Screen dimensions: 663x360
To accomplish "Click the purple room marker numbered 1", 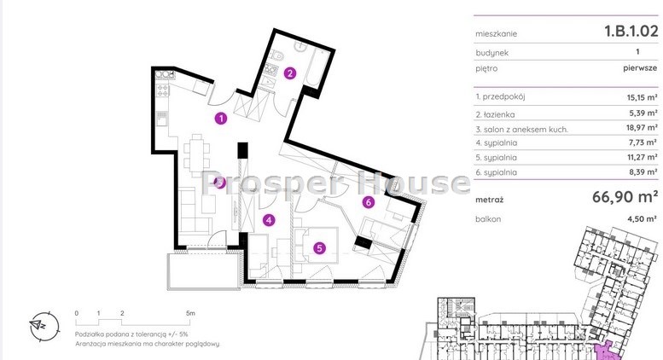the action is click(x=221, y=119).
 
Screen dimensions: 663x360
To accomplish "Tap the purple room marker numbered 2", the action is click(x=289, y=73).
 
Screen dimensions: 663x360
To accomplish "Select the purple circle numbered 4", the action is click(x=269, y=220).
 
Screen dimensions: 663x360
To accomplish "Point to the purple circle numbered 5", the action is click(x=319, y=248).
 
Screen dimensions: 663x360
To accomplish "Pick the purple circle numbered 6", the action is click(x=369, y=202).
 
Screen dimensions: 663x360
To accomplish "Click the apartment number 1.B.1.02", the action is click(x=631, y=31).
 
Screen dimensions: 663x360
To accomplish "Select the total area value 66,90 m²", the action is click(x=624, y=197).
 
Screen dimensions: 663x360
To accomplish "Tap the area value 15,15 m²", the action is click(x=642, y=97).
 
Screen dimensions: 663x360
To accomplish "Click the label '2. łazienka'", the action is click(x=495, y=114).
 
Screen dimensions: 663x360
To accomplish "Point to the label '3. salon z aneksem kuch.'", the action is click(x=521, y=130).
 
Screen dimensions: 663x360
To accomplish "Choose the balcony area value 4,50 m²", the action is click(x=642, y=219).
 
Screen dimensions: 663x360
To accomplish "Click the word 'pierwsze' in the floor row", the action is click(x=640, y=68).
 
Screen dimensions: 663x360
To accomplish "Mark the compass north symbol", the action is click(x=44, y=327).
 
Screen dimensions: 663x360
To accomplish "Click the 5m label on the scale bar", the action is click(x=190, y=314).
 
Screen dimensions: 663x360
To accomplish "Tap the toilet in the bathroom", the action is click(x=277, y=55).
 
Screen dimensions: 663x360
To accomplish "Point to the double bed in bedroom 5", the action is click(x=317, y=246).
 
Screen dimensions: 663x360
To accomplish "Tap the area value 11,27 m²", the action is click(x=643, y=157).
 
